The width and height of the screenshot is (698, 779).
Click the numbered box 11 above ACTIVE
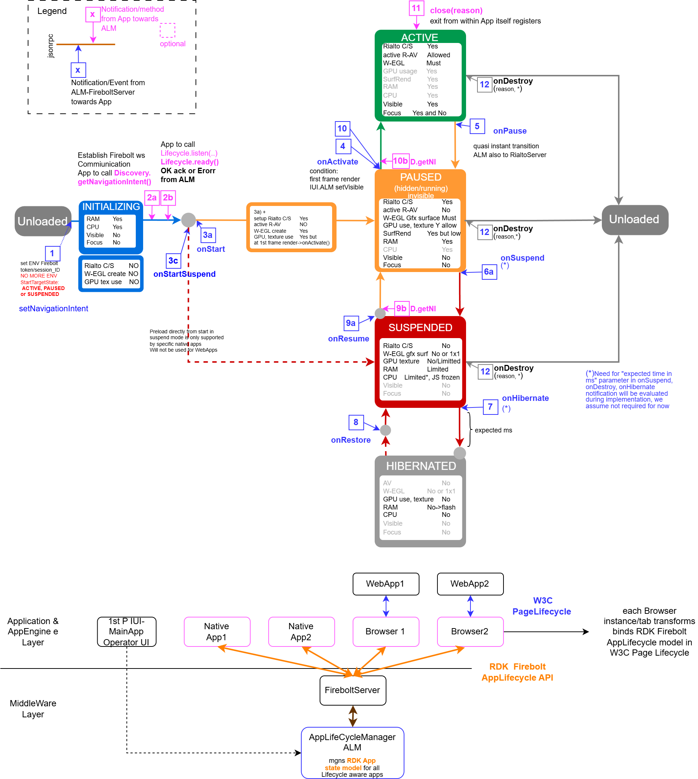416,8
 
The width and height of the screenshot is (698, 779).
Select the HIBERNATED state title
421,465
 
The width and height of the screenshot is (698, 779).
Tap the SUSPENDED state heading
420,327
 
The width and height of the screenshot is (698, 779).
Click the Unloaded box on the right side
635,220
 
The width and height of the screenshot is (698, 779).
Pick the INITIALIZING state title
111,207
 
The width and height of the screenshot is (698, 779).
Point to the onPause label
509,131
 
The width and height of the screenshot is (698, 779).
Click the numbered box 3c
173,261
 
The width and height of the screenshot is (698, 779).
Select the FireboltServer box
352,690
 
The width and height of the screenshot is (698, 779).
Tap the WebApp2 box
470,584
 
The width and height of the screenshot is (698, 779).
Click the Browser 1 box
385,631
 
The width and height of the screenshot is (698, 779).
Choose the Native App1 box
217,631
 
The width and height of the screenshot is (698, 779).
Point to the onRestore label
350,440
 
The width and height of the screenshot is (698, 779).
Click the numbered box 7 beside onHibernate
490,406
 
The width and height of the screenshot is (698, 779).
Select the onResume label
348,339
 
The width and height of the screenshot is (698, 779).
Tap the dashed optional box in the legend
167,30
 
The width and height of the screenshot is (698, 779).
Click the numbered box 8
356,422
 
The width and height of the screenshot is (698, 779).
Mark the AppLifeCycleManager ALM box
352,752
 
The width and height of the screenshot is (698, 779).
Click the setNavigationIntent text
53,308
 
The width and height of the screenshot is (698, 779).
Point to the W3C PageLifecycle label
542,606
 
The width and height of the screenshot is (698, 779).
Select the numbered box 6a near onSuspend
488,272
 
